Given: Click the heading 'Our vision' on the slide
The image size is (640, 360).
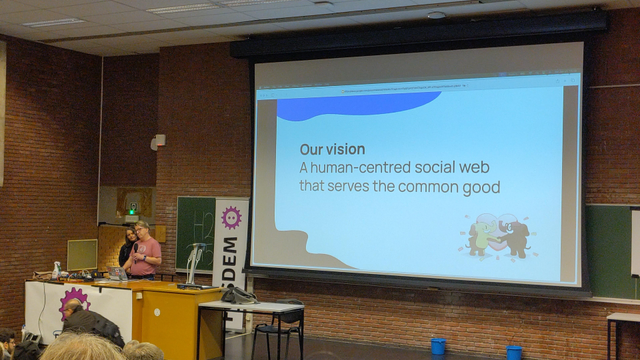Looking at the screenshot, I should point(332,149).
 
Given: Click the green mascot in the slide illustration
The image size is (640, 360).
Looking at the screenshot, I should point(483,236).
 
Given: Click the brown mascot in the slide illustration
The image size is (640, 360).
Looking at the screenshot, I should point(514,238).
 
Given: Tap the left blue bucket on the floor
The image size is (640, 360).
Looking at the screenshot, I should point(438,346).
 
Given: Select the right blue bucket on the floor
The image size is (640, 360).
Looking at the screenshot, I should point(513,352).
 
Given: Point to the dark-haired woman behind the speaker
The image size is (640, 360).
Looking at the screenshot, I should point(129,246).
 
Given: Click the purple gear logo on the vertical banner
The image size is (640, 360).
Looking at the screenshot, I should point(232,217).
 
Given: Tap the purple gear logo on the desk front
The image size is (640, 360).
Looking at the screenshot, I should point(73,303).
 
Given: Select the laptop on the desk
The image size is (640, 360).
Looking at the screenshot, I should point(119,273).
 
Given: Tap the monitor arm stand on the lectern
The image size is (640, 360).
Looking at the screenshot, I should point(193,262).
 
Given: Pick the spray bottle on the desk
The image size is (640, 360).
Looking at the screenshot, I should point(56,269).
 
